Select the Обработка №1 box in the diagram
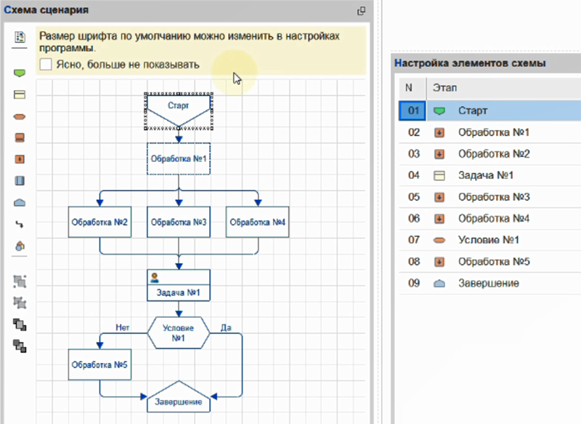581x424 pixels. click(178, 159)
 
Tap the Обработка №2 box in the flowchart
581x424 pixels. click(99, 222)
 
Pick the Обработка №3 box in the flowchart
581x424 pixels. click(179, 222)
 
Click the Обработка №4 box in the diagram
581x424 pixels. click(258, 222)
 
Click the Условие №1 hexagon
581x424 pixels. click(178, 333)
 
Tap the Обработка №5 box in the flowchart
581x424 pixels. click(99, 364)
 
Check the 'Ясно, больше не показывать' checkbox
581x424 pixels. click(46, 64)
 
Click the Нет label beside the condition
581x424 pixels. click(122, 327)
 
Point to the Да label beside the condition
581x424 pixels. click(226, 327)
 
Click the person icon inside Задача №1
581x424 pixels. click(155, 278)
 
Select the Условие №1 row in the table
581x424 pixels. click(489, 240)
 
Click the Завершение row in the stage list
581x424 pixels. click(489, 284)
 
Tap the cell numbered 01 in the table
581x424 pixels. click(413, 111)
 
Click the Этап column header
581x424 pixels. click(444, 88)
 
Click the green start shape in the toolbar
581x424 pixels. click(20, 73)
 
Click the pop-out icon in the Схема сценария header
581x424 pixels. click(361, 11)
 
